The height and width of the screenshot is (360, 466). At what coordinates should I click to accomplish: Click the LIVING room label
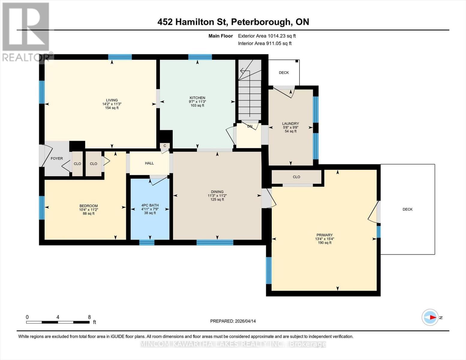coord(112,100)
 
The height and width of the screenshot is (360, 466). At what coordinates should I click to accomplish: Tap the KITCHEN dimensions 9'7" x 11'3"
coord(197,102)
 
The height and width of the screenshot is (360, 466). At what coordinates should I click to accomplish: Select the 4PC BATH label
coord(150,205)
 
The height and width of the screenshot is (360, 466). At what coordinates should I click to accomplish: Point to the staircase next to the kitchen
coord(249,90)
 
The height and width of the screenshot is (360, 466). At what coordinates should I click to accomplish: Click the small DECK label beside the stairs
coord(284,73)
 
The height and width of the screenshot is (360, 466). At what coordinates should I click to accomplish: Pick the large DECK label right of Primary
coord(407,209)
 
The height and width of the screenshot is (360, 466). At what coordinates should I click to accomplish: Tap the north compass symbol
coord(430,317)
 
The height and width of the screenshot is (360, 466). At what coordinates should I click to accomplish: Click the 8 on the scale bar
coord(89,317)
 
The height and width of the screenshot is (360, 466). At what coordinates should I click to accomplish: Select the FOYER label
coord(57,158)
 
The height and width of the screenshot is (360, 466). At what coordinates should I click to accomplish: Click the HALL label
coord(149,163)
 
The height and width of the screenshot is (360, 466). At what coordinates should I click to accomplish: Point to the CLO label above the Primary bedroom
coord(296,177)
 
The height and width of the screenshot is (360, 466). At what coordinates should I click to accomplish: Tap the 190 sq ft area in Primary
coord(324,243)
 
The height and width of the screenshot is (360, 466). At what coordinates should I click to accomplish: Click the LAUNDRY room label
coord(290,124)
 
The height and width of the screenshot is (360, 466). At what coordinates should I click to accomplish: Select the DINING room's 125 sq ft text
coord(217,199)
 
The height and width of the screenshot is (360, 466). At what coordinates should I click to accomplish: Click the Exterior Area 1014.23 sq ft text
coord(267,36)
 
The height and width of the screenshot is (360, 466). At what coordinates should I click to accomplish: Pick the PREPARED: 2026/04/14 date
coord(233,321)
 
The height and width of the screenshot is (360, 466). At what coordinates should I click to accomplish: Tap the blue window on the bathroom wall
coord(147,242)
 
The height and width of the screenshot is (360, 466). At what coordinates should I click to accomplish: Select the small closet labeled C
coord(165,146)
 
